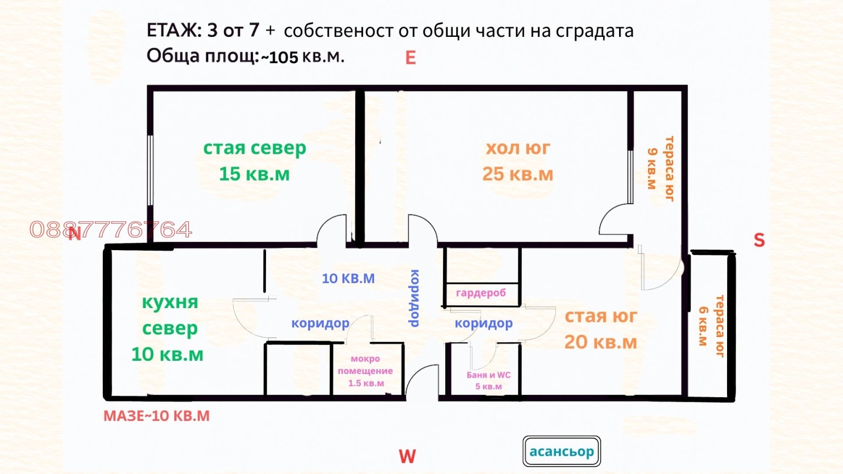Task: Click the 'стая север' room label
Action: point(254,149)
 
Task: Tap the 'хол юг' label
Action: point(517,149)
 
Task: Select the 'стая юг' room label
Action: point(601,316)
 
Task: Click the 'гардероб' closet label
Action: point(481,293)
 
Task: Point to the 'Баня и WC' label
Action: point(488,375)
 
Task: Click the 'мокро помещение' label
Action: point(365,365)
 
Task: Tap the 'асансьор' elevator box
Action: point(562,451)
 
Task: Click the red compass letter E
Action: point(410,58)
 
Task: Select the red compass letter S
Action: point(759,240)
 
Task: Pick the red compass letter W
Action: point(407,456)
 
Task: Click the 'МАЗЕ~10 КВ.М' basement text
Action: point(156,416)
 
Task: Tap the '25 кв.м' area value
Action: point(517,174)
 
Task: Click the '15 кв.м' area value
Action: point(254,174)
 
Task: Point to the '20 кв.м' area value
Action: point(601,342)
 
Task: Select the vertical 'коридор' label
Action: point(415,298)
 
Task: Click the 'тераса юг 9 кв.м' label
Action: point(661,169)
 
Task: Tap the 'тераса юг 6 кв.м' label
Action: point(711,327)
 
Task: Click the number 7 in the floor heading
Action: point(254,31)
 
